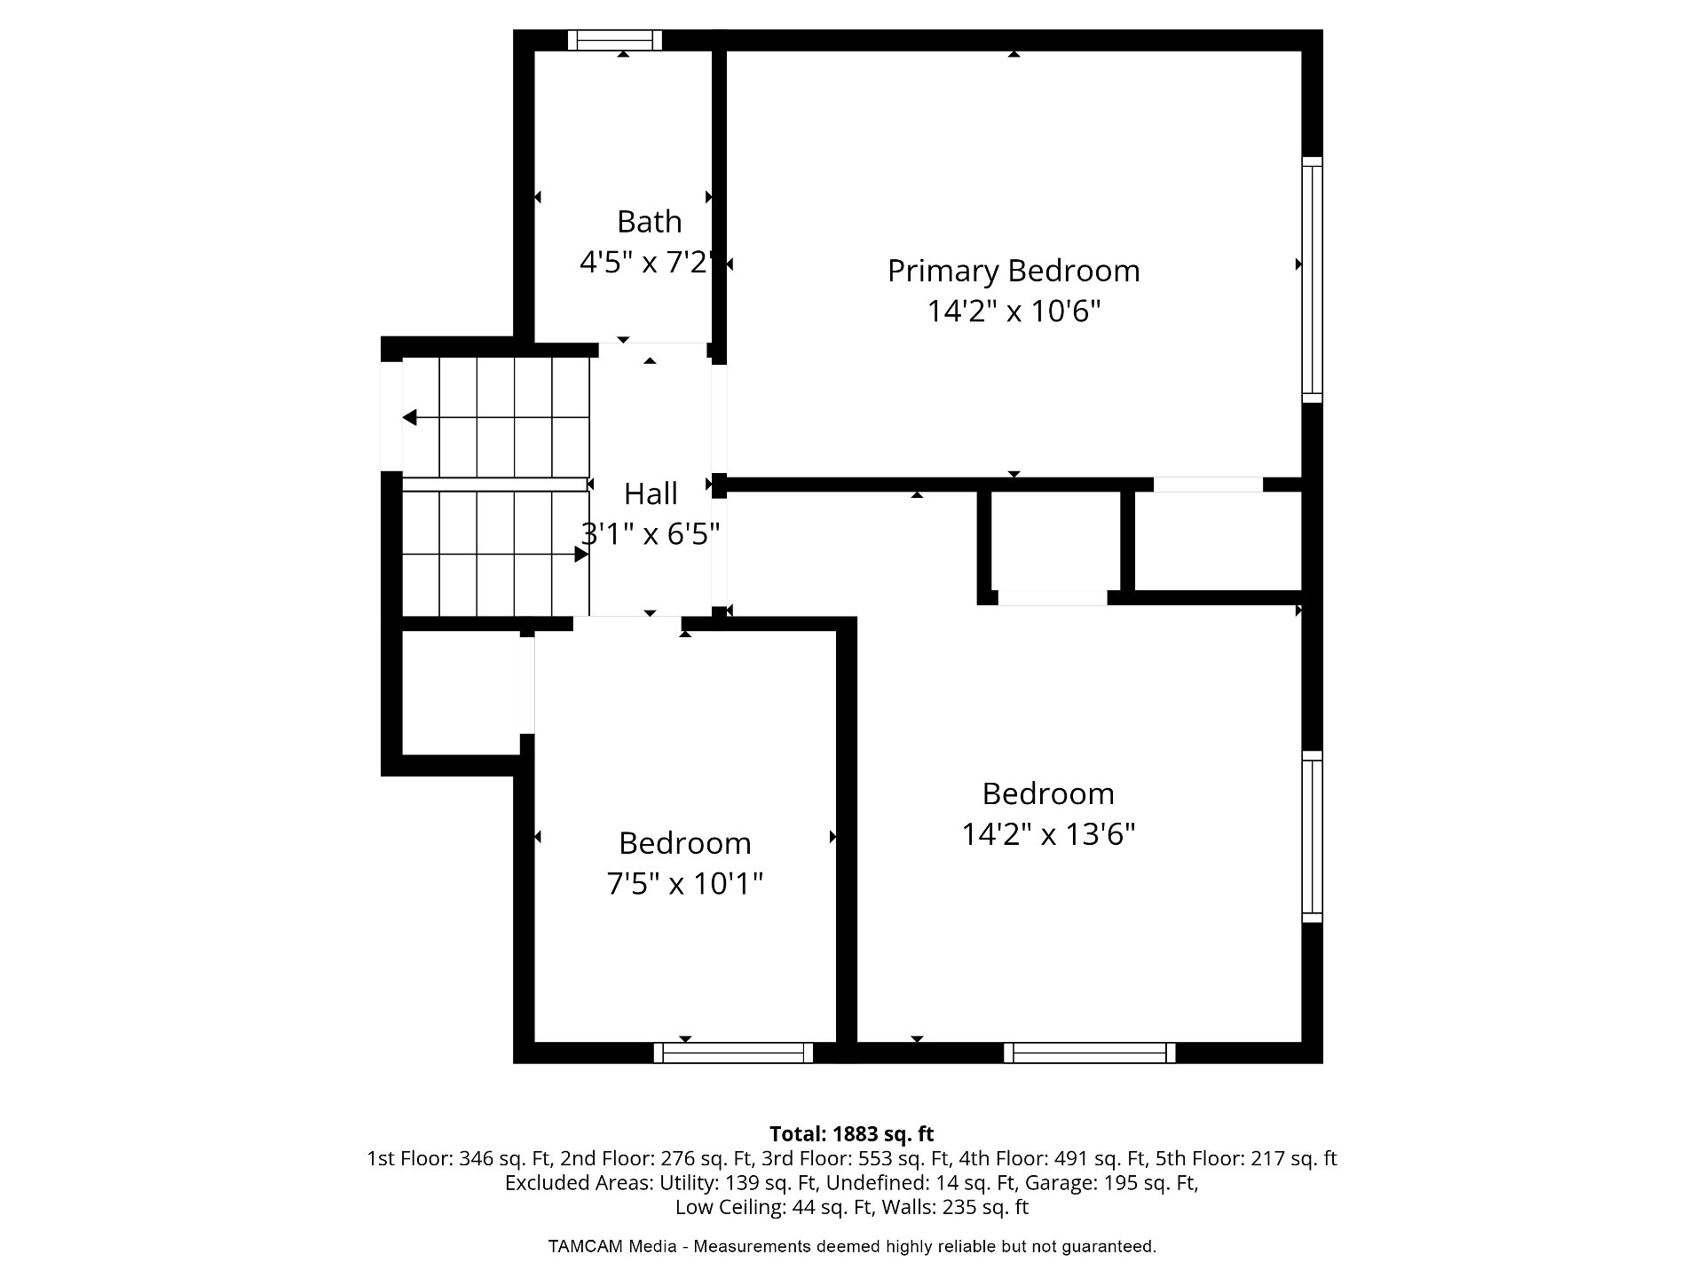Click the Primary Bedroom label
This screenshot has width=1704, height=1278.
coord(1014,271)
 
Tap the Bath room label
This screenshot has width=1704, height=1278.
coord(650,221)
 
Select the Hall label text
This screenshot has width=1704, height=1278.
coord(651,493)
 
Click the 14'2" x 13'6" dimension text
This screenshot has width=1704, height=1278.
coord(1048,834)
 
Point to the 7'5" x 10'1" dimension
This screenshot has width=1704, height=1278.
coord(684,884)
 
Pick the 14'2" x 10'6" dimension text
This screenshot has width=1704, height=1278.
coord(1014,312)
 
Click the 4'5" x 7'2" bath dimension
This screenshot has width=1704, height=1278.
coord(646,263)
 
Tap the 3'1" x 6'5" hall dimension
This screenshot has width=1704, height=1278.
coord(650,534)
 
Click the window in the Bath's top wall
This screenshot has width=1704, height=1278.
coord(615,40)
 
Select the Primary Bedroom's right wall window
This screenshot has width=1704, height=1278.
coord(1313,280)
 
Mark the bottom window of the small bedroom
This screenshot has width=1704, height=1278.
coord(733,1053)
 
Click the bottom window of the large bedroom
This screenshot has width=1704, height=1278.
coord(1090,1053)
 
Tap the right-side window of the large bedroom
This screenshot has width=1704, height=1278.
coord(1313,837)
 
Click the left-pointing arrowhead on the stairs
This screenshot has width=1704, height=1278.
coord(409,417)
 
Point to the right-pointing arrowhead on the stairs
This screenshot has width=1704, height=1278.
coord(582,555)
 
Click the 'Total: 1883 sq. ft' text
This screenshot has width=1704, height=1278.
coord(852,1133)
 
